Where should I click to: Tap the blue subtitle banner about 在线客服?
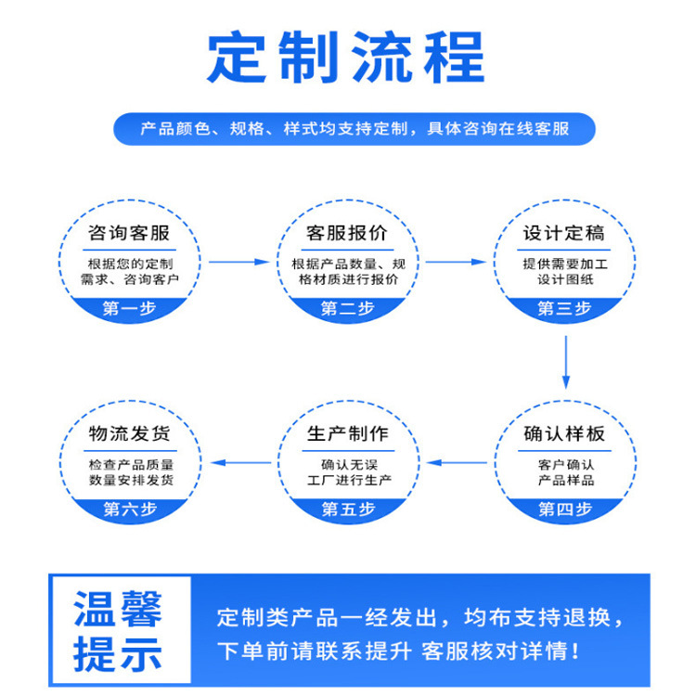(354, 129)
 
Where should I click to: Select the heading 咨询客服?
(129, 232)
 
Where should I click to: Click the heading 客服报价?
(348, 232)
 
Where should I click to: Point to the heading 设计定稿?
(564, 232)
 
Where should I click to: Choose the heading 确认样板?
(564, 434)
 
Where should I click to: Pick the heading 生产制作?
(348, 434)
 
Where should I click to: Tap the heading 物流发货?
(129, 434)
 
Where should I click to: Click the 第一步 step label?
(129, 309)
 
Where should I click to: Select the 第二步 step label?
(348, 309)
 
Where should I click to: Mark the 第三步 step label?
(564, 309)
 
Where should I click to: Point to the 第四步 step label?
(564, 509)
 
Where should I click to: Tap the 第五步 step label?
(348, 509)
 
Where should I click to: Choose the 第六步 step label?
(129, 509)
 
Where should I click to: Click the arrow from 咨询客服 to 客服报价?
(238, 262)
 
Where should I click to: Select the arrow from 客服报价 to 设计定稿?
(457, 262)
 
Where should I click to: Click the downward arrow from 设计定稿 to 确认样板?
(565, 361)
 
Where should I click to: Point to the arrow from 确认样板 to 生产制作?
(457, 462)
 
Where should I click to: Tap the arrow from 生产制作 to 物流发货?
(238, 462)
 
